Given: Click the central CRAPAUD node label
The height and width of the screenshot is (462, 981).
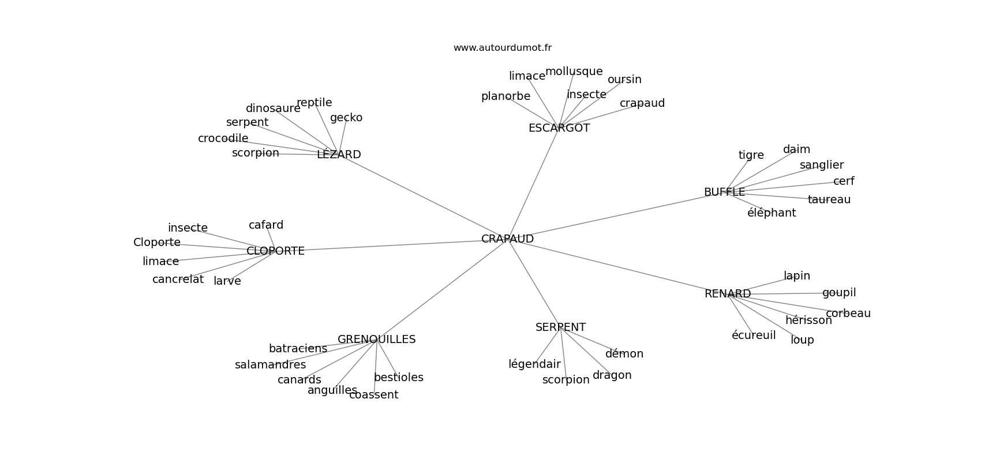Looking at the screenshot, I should pos(507,239).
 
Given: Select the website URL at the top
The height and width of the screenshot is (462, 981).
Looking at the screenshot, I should pos(502,48).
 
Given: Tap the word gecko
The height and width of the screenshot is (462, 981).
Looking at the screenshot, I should pos(346,118).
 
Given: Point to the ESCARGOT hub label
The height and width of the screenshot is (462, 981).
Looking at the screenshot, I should pos(559,128).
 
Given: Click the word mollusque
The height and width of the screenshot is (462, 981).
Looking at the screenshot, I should pos(574,72).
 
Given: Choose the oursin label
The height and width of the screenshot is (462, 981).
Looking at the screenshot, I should pos(624,80).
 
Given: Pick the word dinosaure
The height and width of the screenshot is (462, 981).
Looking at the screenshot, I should pos(273,109).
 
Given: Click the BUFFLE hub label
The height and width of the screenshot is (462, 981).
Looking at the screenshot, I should pos(724,192).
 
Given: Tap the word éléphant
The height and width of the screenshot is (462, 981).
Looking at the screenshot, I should pos(772,213).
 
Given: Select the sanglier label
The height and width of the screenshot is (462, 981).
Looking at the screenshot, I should pos(822,165).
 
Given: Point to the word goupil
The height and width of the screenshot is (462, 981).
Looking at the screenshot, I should pos(839,293).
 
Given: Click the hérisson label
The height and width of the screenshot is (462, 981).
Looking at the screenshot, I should pos(808,321).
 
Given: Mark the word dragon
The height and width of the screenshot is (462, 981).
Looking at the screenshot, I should pos(612,375).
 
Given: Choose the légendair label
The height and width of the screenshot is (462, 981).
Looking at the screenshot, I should pos(534,364).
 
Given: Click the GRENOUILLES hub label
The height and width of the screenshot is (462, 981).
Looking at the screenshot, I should pos(376,340).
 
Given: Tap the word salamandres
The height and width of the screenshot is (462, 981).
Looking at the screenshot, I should pos(270,365).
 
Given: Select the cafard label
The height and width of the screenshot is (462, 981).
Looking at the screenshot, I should pos(266,225).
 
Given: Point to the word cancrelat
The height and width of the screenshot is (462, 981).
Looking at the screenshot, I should pos(178,280).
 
